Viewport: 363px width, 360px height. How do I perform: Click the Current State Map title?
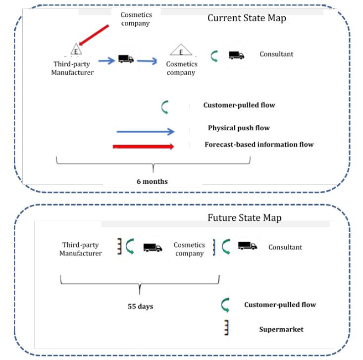click(x=247, y=18)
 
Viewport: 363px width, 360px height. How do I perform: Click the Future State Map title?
click(x=244, y=218)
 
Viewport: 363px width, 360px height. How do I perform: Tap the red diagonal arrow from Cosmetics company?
click(x=94, y=32)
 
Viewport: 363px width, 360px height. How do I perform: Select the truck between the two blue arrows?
click(x=126, y=59)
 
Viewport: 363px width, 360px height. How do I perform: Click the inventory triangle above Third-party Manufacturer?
click(x=76, y=50)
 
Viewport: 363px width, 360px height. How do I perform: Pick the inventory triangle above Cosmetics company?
click(x=181, y=50)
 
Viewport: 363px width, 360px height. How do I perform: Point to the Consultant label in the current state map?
click(x=276, y=54)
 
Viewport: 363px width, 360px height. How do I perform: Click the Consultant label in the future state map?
click(x=285, y=247)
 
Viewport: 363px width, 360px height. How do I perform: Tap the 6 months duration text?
click(x=152, y=181)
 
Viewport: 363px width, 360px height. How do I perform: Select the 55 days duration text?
click(x=141, y=307)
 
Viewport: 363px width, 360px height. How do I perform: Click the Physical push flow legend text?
click(x=239, y=128)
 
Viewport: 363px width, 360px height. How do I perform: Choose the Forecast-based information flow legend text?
click(x=259, y=145)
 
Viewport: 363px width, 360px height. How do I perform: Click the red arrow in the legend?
click(x=143, y=147)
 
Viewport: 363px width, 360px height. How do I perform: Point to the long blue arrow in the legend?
click(x=146, y=131)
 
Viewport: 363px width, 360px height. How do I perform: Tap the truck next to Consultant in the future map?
click(x=247, y=246)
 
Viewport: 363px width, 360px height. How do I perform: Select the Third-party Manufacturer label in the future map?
click(x=81, y=249)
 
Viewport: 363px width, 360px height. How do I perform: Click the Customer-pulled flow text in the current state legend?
click(x=239, y=105)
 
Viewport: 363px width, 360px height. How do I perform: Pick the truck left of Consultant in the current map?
click(x=236, y=55)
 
